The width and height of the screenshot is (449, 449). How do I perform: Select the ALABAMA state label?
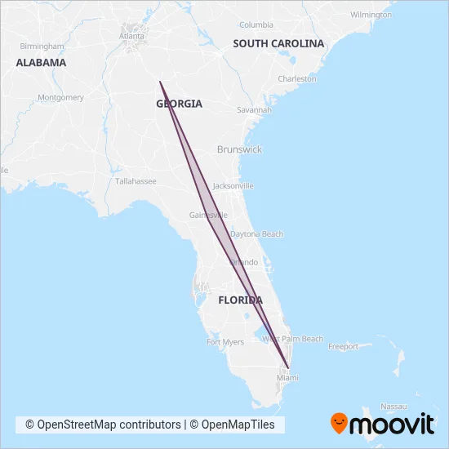tap(41, 62)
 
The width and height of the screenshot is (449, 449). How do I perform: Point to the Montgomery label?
tap(60, 97)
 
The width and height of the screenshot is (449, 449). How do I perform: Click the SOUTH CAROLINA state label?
tap(278, 43)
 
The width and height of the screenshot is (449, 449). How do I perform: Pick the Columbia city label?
tap(256, 24)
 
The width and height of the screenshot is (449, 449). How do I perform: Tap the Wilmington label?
tap(371, 15)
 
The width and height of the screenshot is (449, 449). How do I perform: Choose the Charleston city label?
tap(297, 79)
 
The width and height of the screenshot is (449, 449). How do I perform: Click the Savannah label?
tap(254, 109)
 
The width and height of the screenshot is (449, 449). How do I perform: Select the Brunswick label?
tap(239, 149)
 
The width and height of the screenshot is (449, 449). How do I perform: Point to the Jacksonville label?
tap(233, 185)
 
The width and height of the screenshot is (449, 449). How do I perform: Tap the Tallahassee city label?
tap(136, 181)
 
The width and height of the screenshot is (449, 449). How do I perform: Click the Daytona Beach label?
tap(257, 233)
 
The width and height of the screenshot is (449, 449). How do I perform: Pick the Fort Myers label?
tap(225, 342)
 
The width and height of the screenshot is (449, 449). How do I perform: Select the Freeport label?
tap(343, 346)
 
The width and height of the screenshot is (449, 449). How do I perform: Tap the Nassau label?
tap(393, 406)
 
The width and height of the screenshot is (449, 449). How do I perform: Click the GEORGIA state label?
tap(179, 104)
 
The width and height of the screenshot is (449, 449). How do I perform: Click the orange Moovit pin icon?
tap(339, 423)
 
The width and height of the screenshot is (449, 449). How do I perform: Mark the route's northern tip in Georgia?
tap(160, 82)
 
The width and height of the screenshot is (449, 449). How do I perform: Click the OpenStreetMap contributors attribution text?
tap(103, 425)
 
